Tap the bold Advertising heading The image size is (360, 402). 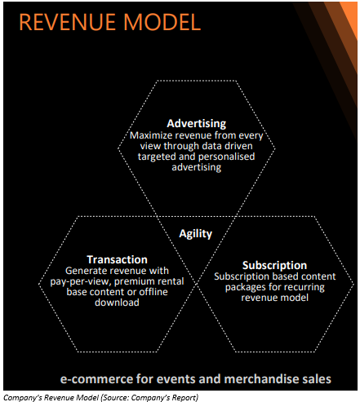coord(197,124)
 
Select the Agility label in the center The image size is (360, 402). coord(195,234)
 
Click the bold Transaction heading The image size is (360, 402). coord(117,259)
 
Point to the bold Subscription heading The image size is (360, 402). coord(274,265)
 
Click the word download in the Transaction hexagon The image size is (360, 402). coord(117,303)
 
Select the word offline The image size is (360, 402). coord(153,292)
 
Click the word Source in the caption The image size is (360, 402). coord(114,398)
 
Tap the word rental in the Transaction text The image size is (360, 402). coord(171,281)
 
